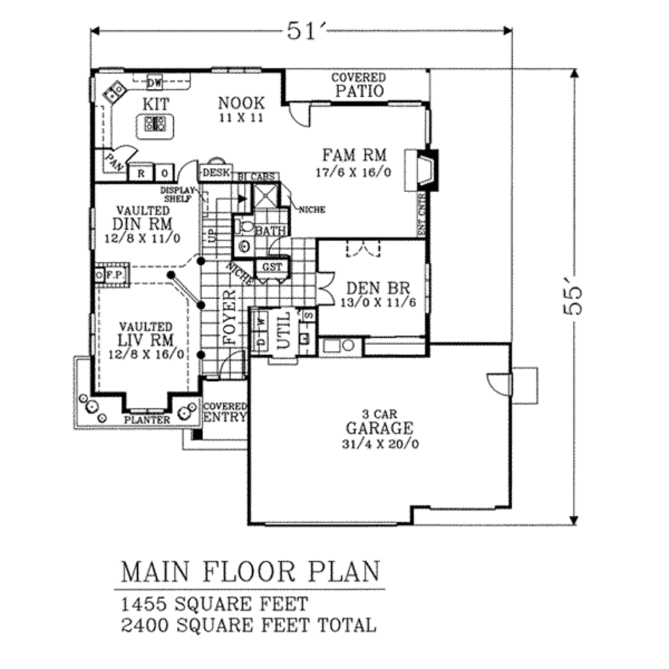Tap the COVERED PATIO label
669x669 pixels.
coord(358,85)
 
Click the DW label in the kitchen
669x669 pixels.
coord(154,83)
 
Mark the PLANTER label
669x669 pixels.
coord(147,419)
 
